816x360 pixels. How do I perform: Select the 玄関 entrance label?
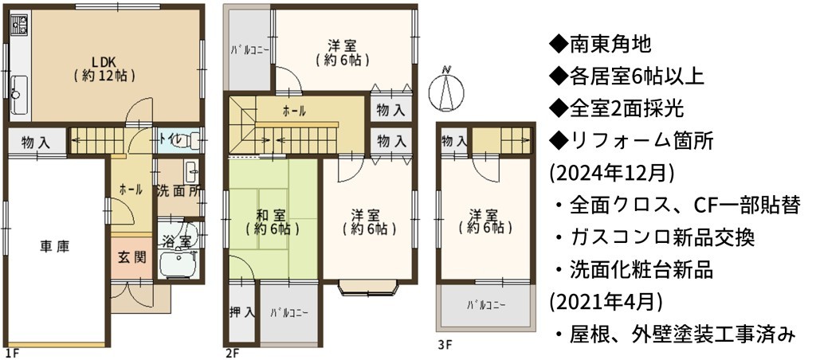(x=131, y=257)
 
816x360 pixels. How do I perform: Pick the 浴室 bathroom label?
(x=176, y=241)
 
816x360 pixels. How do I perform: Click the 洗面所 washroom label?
(x=178, y=191)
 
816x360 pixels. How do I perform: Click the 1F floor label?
(x=14, y=354)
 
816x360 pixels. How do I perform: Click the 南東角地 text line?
(x=599, y=45)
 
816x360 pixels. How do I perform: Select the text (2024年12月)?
(x=611, y=174)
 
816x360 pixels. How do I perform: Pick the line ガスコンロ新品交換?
(x=653, y=239)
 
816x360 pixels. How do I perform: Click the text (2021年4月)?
(x=606, y=303)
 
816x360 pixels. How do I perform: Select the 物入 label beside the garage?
(x=37, y=143)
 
